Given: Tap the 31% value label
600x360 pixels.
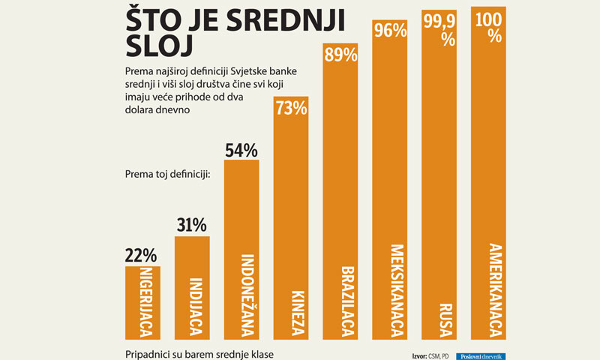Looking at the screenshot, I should point(192,225).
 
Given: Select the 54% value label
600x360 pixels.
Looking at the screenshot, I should point(241,149).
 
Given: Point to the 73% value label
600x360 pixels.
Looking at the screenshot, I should point(291,108).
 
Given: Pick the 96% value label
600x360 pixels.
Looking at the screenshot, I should point(390,31).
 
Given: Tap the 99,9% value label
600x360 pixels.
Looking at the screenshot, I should point(440,31).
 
